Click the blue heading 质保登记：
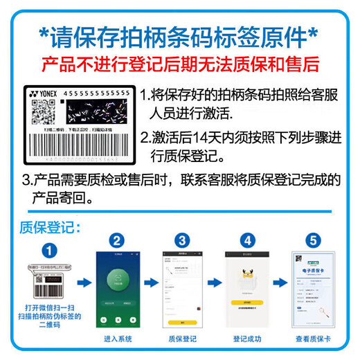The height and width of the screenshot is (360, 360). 49,226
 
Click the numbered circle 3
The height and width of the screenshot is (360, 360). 181,241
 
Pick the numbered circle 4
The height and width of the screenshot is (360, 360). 247,241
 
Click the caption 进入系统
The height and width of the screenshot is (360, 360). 116,339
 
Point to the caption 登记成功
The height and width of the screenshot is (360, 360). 246,339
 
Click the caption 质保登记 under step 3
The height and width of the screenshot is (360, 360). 181,339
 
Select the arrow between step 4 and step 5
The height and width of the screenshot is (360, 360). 278,282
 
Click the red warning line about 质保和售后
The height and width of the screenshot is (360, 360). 180,65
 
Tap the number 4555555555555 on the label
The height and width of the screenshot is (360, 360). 96,93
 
